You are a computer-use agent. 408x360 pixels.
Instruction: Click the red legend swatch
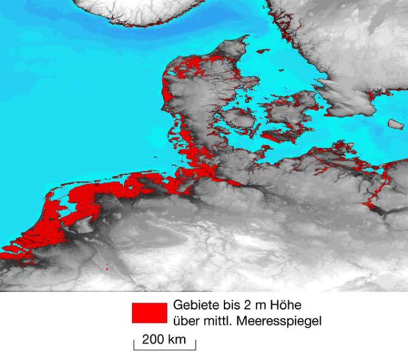[x=149, y=312]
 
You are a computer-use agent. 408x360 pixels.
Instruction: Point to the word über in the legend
[x=187, y=319]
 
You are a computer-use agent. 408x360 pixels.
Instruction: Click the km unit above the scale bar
[x=176, y=338]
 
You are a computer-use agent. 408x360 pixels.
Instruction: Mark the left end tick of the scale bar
[x=134, y=346]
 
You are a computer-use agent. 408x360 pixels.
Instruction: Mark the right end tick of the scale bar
[x=196, y=346]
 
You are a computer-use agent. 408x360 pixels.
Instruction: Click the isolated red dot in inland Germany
[x=107, y=269]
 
